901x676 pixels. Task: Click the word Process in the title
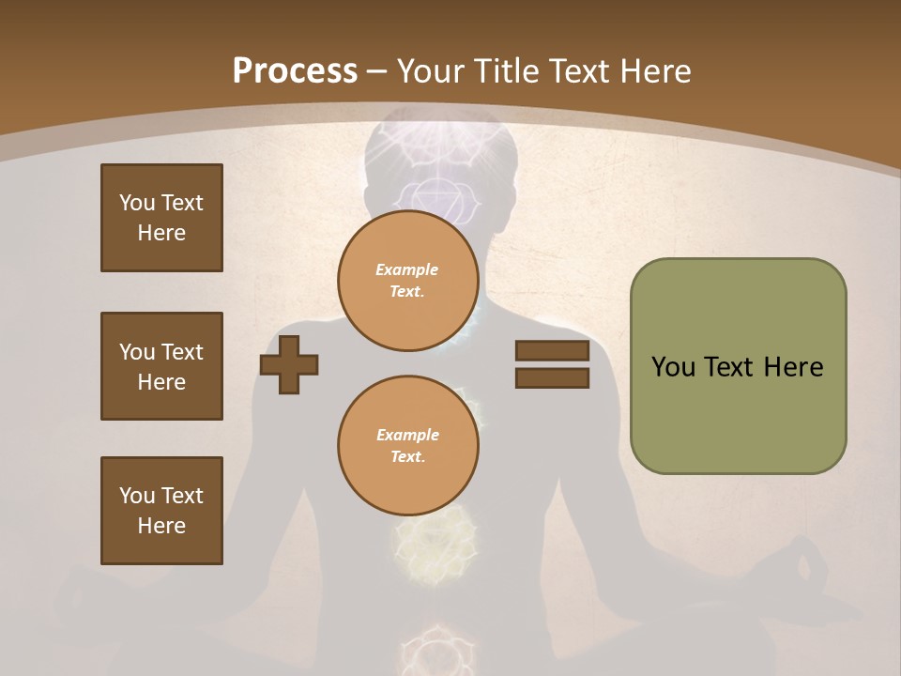(295, 71)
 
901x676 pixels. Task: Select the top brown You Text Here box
(161, 218)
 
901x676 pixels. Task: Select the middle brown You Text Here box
(161, 366)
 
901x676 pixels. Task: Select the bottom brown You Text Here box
(161, 511)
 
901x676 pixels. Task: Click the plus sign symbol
(289, 364)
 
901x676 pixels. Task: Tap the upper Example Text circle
(407, 281)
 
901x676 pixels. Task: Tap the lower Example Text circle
(407, 446)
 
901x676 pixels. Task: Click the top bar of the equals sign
(552, 351)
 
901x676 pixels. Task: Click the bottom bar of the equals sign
(552, 378)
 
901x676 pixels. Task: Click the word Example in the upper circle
(407, 269)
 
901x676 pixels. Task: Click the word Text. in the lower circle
(407, 457)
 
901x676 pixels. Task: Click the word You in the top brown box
(136, 203)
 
